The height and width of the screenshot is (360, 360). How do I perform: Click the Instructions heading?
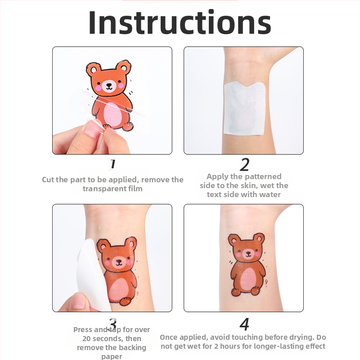[x=180, y=22]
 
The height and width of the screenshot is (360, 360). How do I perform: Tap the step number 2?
[x=244, y=164]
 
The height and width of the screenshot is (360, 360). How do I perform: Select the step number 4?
[x=244, y=324]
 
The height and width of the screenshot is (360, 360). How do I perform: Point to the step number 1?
[x=112, y=164]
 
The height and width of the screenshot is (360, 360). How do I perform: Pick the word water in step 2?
[x=270, y=195]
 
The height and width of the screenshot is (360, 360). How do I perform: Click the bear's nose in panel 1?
[x=109, y=85]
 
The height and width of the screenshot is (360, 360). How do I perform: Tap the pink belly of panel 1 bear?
[x=113, y=114]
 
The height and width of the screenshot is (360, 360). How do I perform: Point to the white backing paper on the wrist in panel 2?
[x=245, y=108]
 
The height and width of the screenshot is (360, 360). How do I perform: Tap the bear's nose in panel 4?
[x=248, y=253]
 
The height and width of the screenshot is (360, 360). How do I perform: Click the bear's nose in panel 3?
[x=119, y=261]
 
